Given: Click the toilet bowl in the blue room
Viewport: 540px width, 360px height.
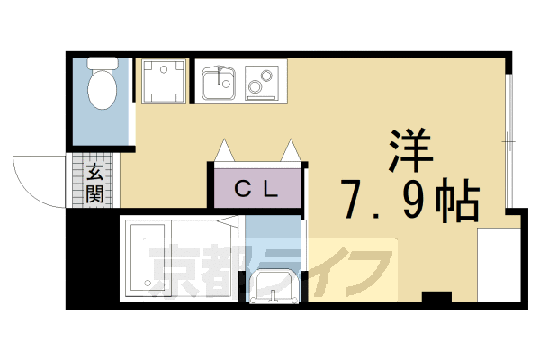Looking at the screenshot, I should [x=103, y=91].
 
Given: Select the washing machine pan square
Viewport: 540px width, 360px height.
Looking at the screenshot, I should [x=163, y=81].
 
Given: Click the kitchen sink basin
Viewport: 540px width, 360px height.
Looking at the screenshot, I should [x=217, y=84].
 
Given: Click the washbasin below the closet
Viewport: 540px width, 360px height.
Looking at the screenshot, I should [x=275, y=287].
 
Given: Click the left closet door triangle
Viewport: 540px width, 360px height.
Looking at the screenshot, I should [x=223, y=150].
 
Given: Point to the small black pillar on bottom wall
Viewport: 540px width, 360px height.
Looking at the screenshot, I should [x=437, y=298].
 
